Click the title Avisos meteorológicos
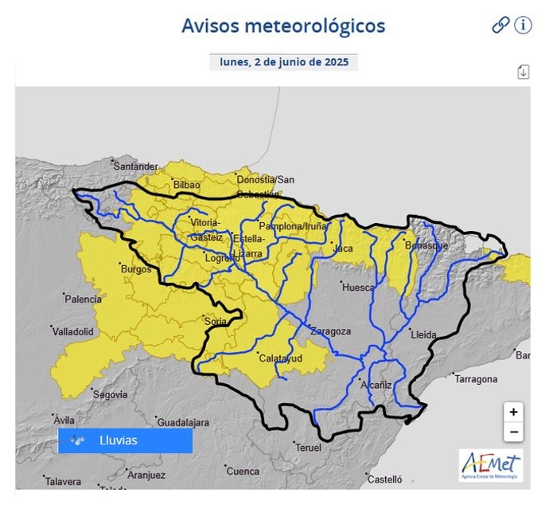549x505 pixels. tap(283, 25)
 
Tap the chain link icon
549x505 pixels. tap(500, 25)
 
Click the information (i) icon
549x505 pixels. tap(523, 25)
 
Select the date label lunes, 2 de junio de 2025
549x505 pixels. tap(283, 62)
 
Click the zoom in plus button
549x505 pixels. tap(514, 413)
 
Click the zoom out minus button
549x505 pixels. tap(514, 433)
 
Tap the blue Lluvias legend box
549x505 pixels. tap(125, 440)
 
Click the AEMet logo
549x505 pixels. tap(491, 466)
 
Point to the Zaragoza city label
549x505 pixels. tap(330, 331)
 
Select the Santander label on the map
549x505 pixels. tap(136, 166)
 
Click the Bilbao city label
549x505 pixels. tap(186, 185)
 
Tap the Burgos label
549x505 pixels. tap(135, 269)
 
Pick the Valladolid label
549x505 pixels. tap(74, 331)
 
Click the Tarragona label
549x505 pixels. tap(476, 379)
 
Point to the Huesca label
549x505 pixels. tap(357, 288)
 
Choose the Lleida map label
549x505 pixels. tap(423, 335)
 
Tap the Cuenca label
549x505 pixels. tap(243, 471)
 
